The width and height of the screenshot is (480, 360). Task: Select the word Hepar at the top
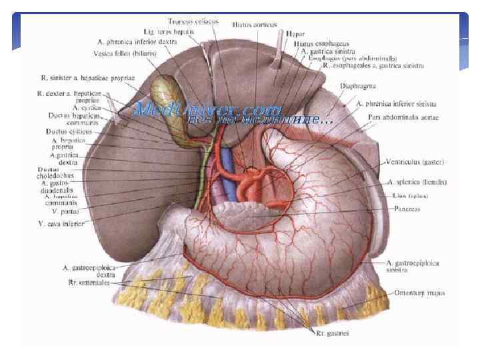click(295, 33)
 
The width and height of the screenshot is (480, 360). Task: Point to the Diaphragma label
click(377, 86)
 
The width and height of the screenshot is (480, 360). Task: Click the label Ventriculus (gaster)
click(415, 162)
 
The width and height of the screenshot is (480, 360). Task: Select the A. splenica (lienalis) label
click(417, 181)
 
